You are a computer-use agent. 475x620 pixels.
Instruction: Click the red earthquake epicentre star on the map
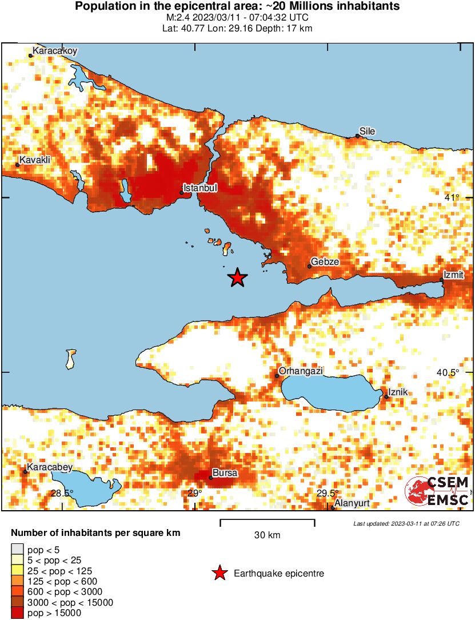coord(237,278)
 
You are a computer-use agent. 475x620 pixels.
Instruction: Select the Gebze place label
coord(325,261)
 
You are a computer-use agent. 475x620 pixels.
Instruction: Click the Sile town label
coord(367,131)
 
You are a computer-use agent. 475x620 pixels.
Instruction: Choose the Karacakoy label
coord(54,51)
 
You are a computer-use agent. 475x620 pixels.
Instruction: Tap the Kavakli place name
coord(35,160)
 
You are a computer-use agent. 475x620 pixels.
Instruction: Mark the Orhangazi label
coord(301,371)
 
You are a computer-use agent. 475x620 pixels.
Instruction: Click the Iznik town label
coord(398,393)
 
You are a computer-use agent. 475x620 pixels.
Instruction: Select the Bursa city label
coord(225,473)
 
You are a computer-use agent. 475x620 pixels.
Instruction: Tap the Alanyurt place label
coord(352,503)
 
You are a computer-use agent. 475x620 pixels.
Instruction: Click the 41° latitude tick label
coord(452,198)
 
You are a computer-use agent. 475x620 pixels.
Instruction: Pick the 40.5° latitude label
coord(448,372)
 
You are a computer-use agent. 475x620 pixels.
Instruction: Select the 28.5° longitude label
coord(62,493)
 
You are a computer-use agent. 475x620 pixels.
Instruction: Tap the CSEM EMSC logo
coord(437,491)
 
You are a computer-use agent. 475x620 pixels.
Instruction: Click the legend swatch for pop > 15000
coord(18,613)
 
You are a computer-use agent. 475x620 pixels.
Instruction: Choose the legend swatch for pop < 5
coord(18,550)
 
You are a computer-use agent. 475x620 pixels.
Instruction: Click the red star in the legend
coord(218,573)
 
